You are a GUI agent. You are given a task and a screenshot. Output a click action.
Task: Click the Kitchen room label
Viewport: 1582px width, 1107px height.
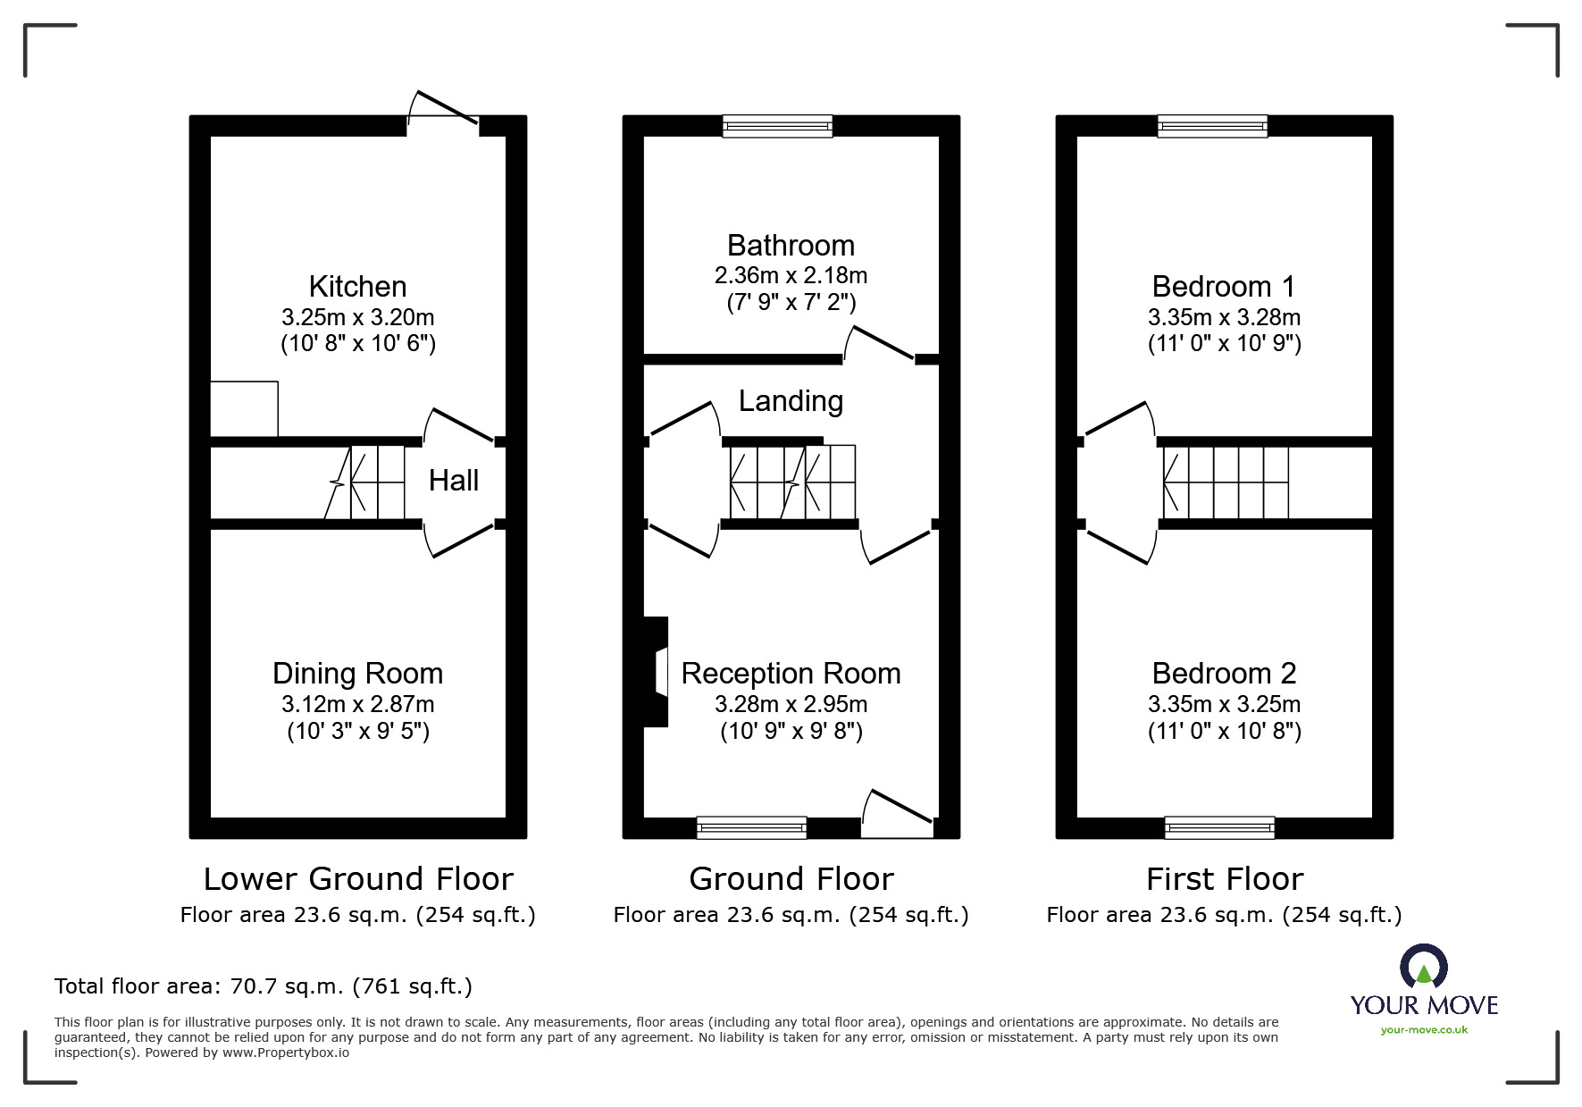[357, 287]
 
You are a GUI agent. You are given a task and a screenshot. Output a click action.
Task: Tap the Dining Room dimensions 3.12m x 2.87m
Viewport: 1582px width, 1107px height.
[358, 704]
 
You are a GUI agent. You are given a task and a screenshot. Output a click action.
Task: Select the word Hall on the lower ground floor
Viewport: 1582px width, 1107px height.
[454, 481]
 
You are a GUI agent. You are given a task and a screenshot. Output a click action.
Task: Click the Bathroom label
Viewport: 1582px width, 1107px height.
[791, 245]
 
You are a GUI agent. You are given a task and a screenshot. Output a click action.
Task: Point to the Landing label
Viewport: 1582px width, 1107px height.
[791, 401]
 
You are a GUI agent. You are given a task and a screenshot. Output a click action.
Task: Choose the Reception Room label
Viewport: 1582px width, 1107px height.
[791, 674]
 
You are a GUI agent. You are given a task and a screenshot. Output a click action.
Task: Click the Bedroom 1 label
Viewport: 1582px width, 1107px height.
[1224, 287]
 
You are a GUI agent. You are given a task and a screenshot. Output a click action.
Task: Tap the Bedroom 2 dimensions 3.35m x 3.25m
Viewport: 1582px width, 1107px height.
[1224, 704]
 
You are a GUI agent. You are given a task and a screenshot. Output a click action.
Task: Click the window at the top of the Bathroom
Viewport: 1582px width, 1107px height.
[778, 126]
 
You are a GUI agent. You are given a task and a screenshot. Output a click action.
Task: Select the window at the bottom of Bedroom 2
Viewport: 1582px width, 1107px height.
[1220, 828]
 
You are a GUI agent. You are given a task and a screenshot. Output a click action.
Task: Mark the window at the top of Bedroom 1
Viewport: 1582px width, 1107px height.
[1212, 126]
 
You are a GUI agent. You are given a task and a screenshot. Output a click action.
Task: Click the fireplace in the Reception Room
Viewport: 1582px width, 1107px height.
[657, 672]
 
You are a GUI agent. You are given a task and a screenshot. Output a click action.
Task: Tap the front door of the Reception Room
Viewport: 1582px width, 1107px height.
[898, 813]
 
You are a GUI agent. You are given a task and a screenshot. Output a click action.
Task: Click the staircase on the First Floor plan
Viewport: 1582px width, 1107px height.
[1226, 482]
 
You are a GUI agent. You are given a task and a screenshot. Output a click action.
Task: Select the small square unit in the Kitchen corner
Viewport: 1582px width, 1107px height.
[244, 409]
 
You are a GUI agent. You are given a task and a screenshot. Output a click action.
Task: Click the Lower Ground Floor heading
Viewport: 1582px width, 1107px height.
[358, 879]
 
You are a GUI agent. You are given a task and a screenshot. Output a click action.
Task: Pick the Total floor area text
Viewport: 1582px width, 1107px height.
[264, 986]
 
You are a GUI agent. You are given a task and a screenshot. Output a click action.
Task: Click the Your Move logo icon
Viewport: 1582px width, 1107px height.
[1423, 966]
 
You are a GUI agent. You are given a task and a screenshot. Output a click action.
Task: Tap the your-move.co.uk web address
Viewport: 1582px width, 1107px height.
[1424, 1030]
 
